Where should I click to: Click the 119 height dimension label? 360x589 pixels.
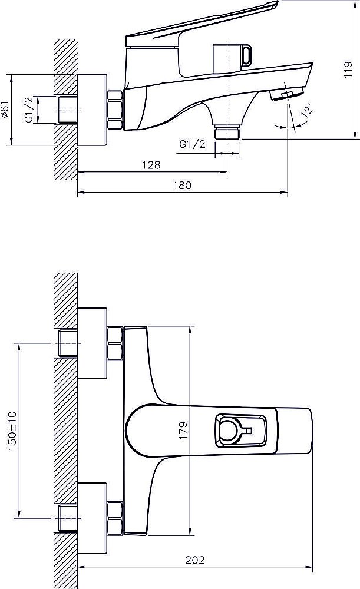click(348, 70)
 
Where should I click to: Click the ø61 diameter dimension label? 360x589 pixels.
click(5, 110)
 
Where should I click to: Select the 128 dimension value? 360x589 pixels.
click(151, 165)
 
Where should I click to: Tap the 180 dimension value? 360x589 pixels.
click(182, 185)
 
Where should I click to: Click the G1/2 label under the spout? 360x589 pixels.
click(193, 144)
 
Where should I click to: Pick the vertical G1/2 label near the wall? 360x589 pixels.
click(29, 110)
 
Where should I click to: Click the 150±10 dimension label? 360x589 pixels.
click(12, 431)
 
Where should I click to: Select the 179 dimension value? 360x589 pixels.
click(183, 431)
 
